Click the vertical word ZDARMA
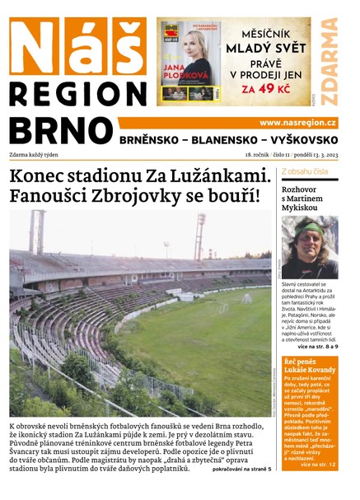330,61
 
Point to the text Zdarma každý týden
39,155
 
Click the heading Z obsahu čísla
305,172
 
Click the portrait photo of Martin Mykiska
309,247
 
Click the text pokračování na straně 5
241,469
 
